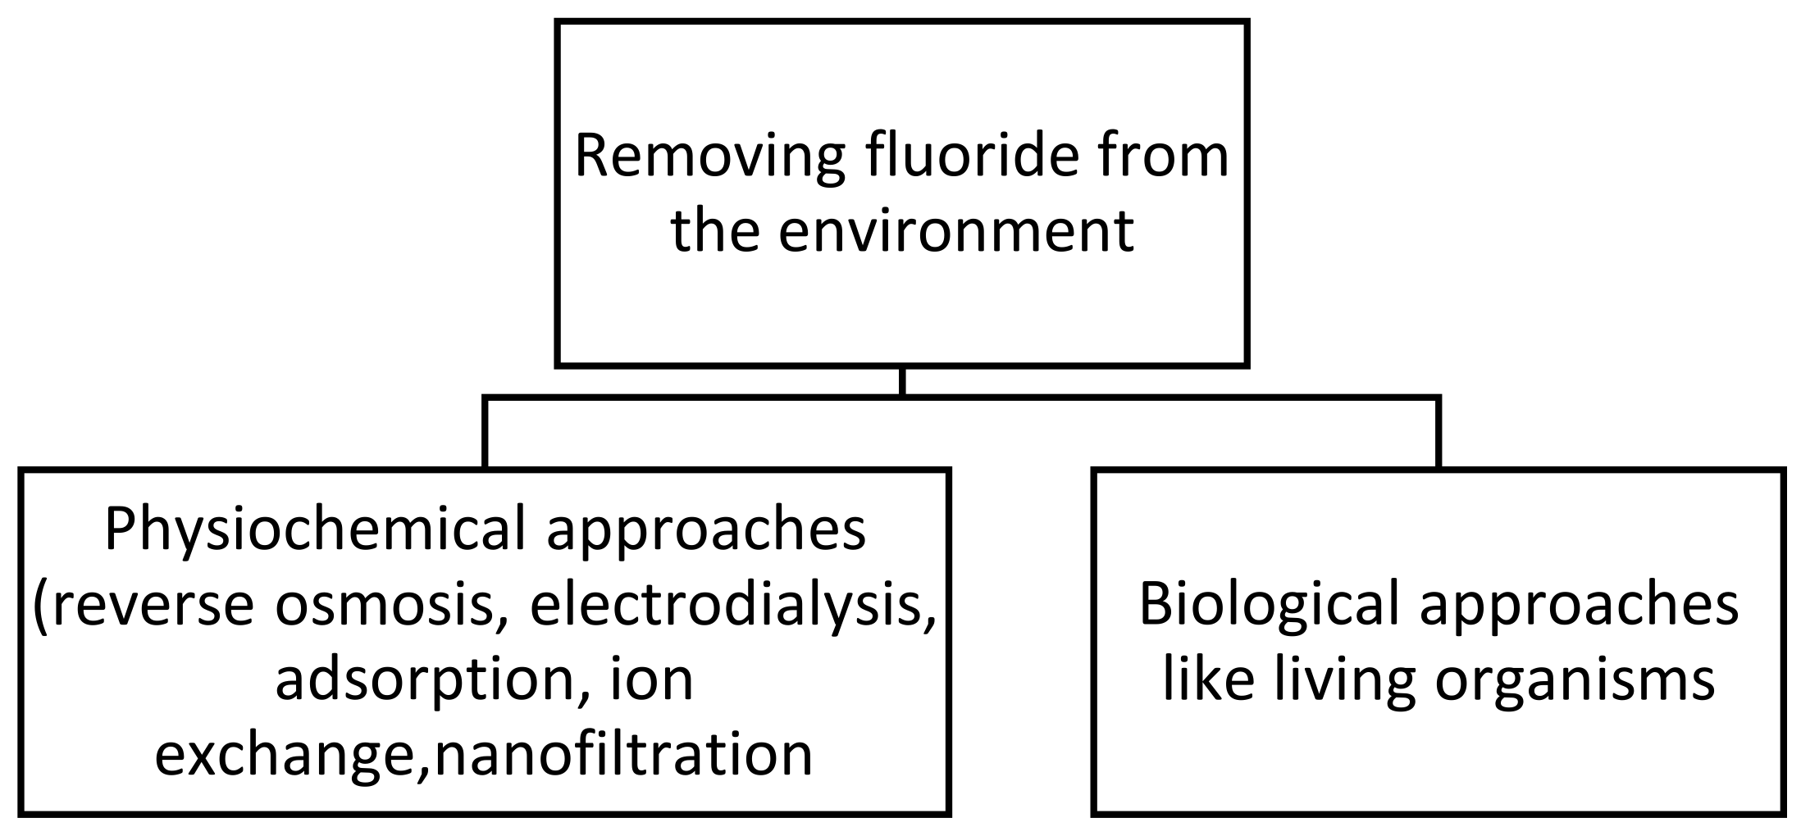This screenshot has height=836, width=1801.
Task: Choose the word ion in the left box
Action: (x=653, y=680)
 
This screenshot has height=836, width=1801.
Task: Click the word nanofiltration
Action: (x=623, y=754)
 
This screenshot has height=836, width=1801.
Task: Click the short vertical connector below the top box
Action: (x=902, y=382)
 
